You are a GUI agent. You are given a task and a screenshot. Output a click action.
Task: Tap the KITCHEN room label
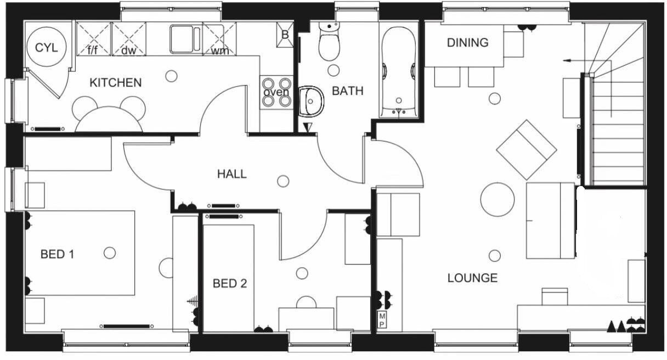(115, 83)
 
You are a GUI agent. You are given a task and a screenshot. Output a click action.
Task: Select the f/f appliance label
(93, 50)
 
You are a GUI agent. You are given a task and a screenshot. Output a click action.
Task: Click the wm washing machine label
(220, 51)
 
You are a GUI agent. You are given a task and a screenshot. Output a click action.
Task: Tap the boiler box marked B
(285, 34)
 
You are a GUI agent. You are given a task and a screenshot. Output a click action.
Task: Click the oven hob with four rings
(276, 92)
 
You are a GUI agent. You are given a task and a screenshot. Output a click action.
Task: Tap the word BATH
(348, 91)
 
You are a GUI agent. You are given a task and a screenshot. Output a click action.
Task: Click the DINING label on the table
(467, 43)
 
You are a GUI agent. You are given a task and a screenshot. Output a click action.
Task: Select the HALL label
(231, 175)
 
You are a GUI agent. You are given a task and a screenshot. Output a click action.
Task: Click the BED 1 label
(57, 255)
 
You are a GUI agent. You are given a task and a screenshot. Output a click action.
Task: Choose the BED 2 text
(230, 284)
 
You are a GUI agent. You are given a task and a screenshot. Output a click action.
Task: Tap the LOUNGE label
(472, 278)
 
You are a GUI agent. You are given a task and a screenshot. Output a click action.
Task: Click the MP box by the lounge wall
(382, 320)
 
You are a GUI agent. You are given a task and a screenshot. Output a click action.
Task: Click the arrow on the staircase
(573, 59)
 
